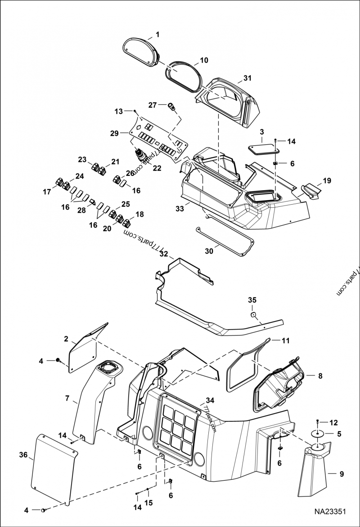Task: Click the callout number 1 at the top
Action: tap(157, 34)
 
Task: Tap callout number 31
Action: tap(247, 78)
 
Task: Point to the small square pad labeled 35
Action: tap(254, 314)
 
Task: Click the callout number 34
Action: tap(209, 400)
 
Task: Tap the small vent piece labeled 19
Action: tap(310, 189)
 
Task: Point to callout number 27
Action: tap(152, 105)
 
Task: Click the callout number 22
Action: tap(157, 168)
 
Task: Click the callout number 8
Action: tap(320, 375)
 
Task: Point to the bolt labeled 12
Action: tap(319, 421)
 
